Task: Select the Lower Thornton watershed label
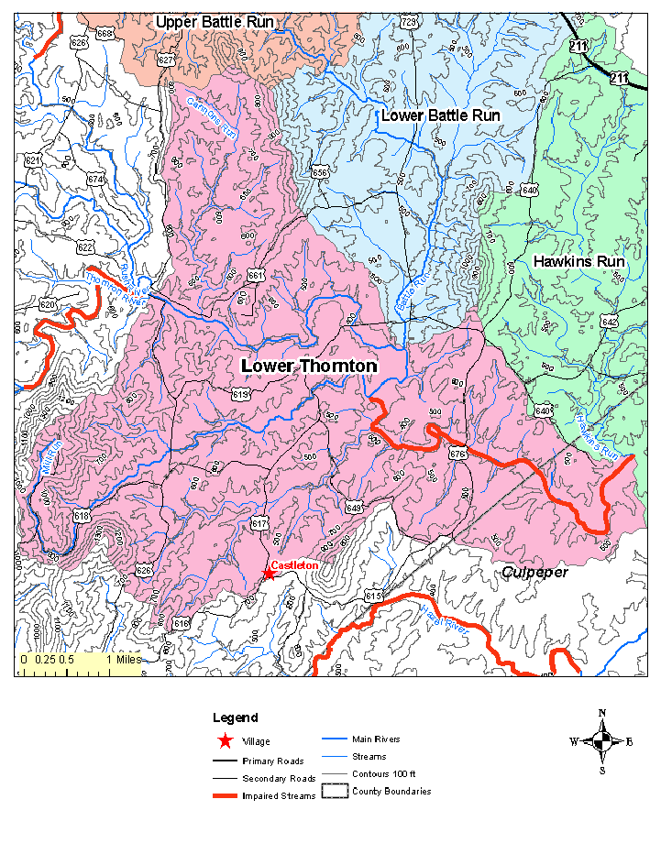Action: coord(308,366)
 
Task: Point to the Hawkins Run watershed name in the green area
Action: coord(578,261)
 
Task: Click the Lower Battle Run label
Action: coord(440,115)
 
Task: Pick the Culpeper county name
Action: coord(535,572)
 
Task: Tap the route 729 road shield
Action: coord(409,21)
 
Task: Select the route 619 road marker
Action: coord(241,394)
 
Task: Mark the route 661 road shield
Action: coord(256,276)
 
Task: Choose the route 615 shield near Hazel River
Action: coord(372,597)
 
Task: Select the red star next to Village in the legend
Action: coord(225,740)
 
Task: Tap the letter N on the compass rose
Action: coord(601,713)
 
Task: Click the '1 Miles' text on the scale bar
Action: coord(122,659)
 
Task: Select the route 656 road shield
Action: coord(319,172)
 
